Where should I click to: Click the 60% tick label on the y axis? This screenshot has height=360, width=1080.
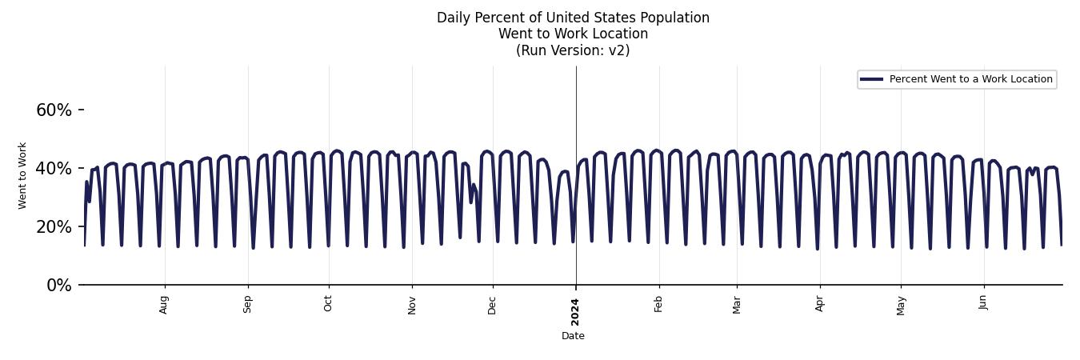pos(54,110)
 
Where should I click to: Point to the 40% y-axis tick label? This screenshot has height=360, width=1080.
pos(54,169)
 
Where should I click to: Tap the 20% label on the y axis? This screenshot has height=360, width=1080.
pos(54,227)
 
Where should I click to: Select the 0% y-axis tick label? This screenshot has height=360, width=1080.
pos(59,286)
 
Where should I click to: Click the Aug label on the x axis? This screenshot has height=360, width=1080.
pos(164,305)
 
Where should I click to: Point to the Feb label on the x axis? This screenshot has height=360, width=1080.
pos(659,304)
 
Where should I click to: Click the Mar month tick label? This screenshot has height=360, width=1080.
pos(737,305)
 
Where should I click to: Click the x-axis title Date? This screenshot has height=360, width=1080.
pos(573,336)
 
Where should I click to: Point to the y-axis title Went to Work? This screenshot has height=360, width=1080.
pos(22,176)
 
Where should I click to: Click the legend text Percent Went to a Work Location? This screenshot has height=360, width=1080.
pos(970,79)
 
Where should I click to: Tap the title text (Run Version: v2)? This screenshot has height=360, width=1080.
pos(573,50)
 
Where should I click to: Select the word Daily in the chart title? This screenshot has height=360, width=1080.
pos(453,18)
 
